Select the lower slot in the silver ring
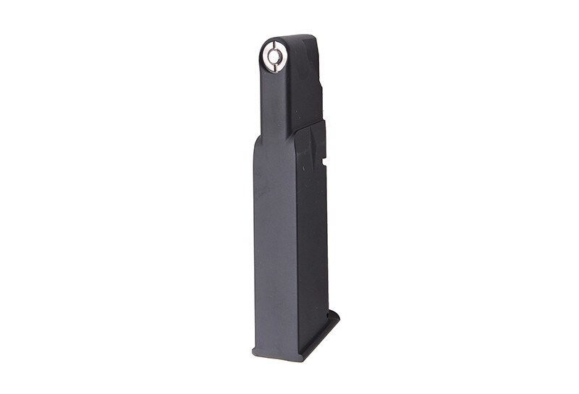(274, 64)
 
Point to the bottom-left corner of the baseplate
(254, 354)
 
